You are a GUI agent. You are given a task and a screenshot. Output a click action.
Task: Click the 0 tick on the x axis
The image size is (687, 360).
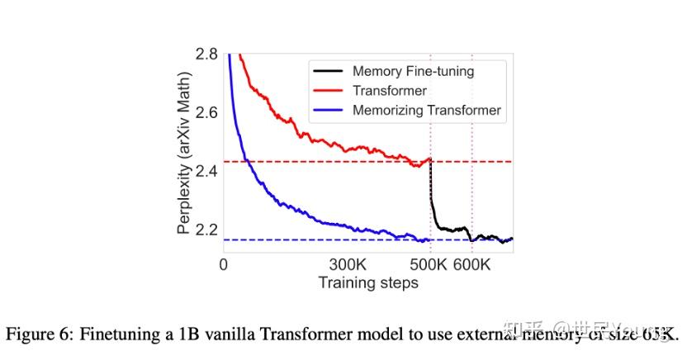(223, 265)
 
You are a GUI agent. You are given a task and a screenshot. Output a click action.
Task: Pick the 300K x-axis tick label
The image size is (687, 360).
(348, 265)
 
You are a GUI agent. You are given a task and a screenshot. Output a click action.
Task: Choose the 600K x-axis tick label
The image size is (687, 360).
(472, 265)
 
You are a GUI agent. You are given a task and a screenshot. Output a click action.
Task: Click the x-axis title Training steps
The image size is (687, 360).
(368, 283)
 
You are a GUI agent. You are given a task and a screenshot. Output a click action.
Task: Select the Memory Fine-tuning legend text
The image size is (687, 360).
(413, 71)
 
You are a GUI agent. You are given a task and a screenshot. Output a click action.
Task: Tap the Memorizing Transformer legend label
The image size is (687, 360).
(426, 110)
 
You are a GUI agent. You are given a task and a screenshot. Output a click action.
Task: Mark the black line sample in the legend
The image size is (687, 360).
(327, 71)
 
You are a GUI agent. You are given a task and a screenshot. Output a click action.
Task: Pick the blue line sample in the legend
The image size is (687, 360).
(327, 110)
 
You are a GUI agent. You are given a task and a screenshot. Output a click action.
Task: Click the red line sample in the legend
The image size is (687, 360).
(327, 91)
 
